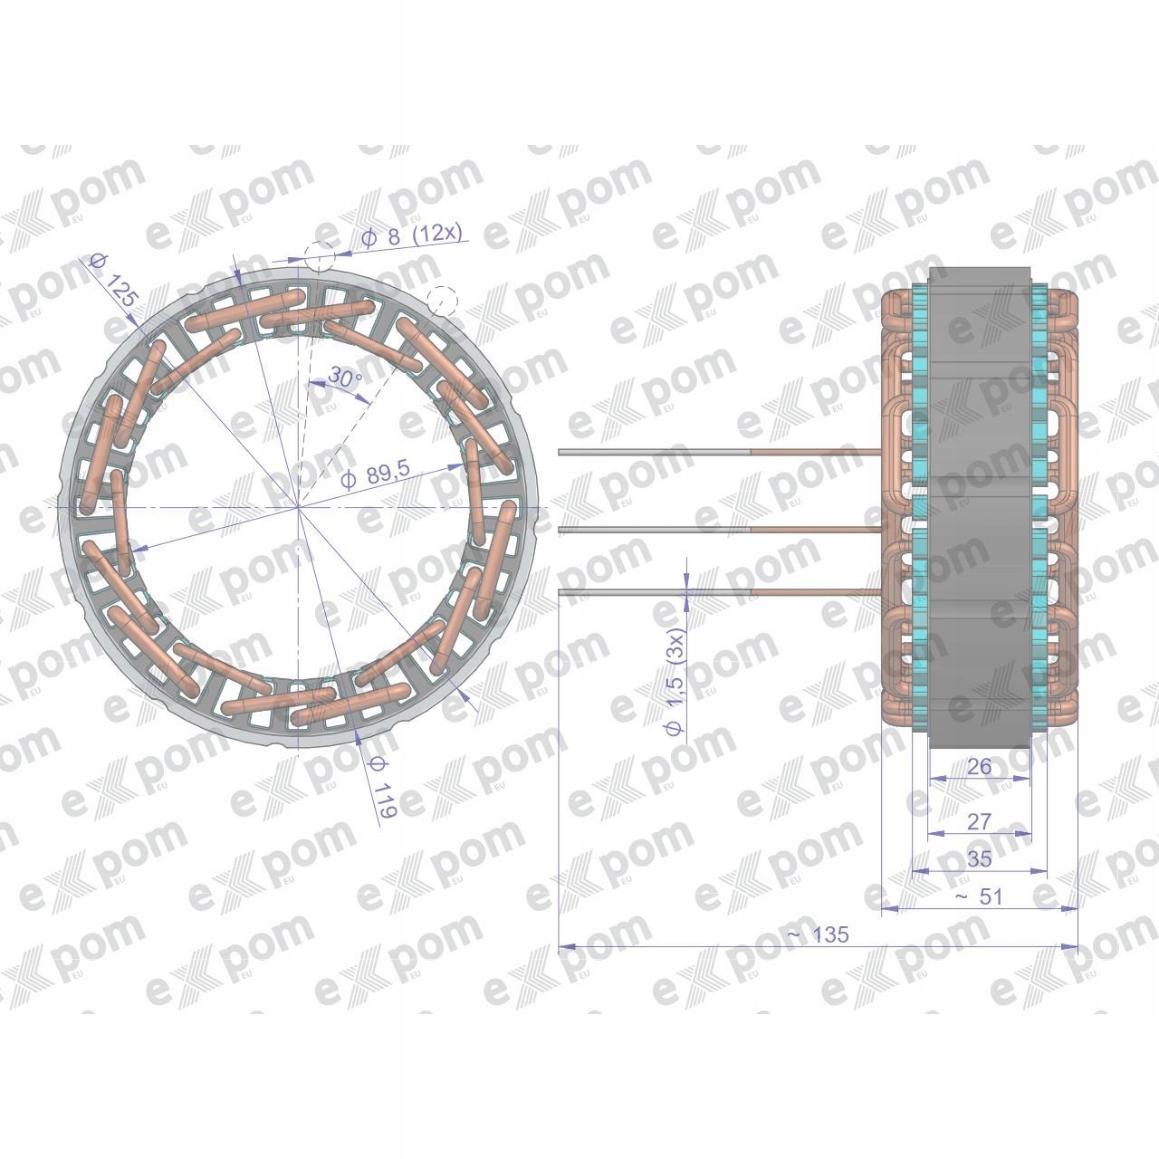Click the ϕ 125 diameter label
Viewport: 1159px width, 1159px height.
(113, 282)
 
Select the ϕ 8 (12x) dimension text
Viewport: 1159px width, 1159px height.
(412, 235)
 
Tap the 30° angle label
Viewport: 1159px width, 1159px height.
(344, 377)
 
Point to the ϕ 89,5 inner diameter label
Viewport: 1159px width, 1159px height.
(375, 474)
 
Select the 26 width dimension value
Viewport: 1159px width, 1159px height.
(979, 767)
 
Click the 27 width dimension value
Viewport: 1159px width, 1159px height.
(979, 822)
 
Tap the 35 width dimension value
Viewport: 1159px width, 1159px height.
(979, 859)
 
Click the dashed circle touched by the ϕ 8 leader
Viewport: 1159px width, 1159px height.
(319, 257)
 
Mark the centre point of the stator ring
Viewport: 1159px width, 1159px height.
(300, 508)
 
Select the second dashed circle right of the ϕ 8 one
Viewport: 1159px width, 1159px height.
(441, 299)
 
